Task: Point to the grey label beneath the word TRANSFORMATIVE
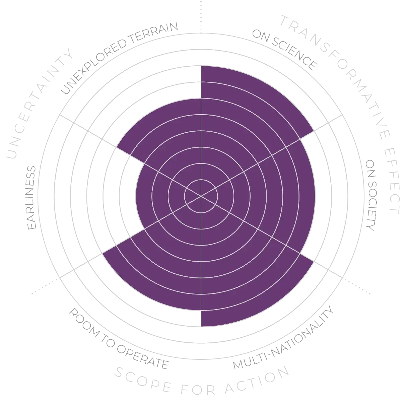[285, 50]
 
